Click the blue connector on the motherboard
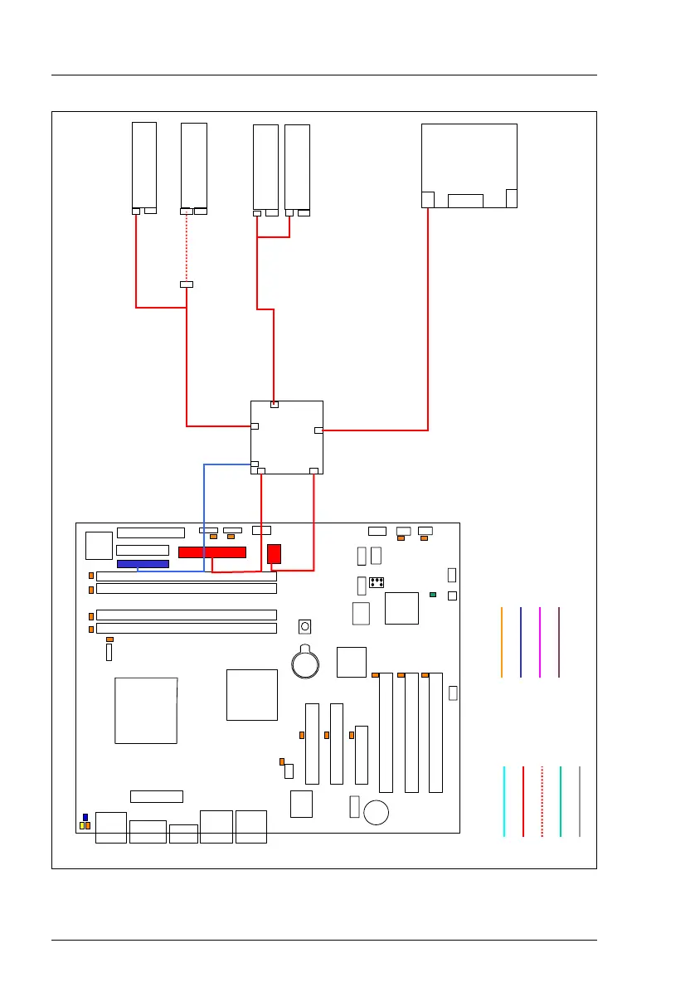click(x=143, y=564)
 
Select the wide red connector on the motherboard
click(x=212, y=552)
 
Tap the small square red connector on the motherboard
click(x=275, y=553)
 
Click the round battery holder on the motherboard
click(x=306, y=661)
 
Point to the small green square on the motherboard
click(x=433, y=596)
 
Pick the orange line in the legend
click(x=502, y=642)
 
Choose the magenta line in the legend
click(x=540, y=642)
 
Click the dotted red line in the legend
click(x=542, y=801)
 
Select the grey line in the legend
click(x=580, y=801)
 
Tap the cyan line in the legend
click(x=504, y=801)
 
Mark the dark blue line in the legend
click(x=521, y=642)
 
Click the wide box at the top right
click(x=469, y=165)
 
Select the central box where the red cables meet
click(x=286, y=437)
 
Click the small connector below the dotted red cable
click(x=187, y=284)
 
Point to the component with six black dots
click(x=377, y=582)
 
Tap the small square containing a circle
click(x=305, y=625)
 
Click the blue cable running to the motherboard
click(x=205, y=514)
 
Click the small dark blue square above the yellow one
click(x=85, y=818)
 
